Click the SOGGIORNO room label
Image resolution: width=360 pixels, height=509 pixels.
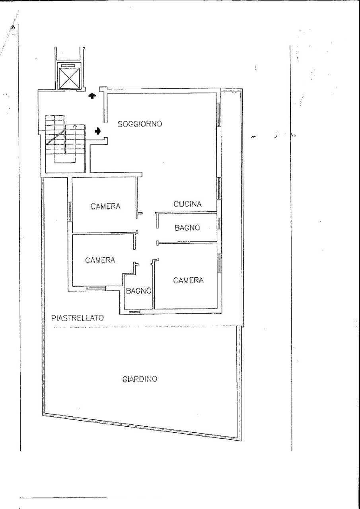click(140, 124)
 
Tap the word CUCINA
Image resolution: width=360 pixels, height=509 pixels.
click(187, 204)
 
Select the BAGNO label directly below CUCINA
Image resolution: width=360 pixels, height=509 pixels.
click(187, 228)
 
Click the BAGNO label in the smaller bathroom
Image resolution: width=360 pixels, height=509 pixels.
click(138, 291)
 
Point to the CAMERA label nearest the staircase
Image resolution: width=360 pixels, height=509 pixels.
click(105, 206)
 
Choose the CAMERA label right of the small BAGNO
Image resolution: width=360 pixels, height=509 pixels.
click(188, 280)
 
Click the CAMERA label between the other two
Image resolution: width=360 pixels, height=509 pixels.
click(100, 260)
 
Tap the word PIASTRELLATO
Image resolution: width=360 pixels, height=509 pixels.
click(78, 318)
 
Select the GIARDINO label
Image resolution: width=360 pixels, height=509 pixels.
click(140, 379)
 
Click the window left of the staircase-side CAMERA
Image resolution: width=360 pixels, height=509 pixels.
click(70, 211)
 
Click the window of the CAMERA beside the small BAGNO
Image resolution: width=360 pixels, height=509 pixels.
click(219, 263)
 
